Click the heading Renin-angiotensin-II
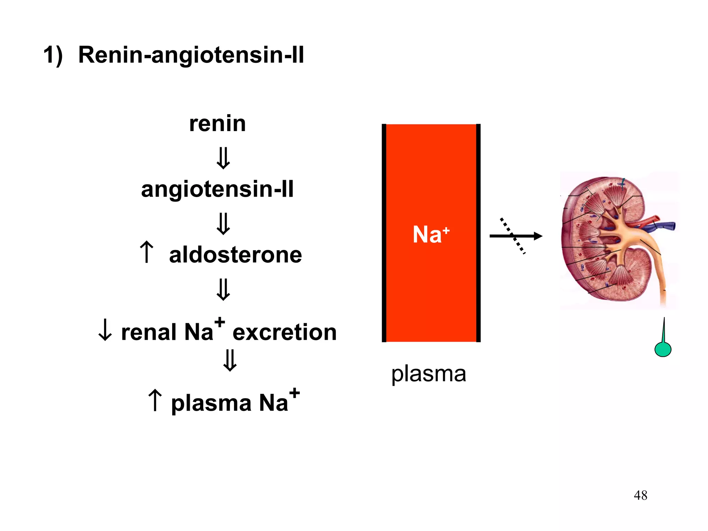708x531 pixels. click(191, 55)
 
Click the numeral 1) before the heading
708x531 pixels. click(53, 55)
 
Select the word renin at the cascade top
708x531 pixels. click(217, 123)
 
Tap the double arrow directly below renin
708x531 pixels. click(223, 158)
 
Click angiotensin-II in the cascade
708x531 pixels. click(217, 189)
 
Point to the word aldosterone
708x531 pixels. click(235, 255)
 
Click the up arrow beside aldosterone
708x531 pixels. click(147, 252)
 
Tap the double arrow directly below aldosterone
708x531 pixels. click(223, 289)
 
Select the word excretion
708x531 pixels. click(285, 332)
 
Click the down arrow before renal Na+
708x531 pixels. click(105, 330)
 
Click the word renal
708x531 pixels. click(149, 332)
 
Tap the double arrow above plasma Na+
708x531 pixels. click(230, 360)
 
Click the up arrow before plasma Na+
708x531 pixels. click(155, 400)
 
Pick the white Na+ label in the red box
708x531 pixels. click(431, 234)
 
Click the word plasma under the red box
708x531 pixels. click(429, 374)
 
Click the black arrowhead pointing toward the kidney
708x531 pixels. click(538, 236)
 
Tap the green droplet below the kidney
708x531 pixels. click(663, 349)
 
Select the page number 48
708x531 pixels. click(640, 495)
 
